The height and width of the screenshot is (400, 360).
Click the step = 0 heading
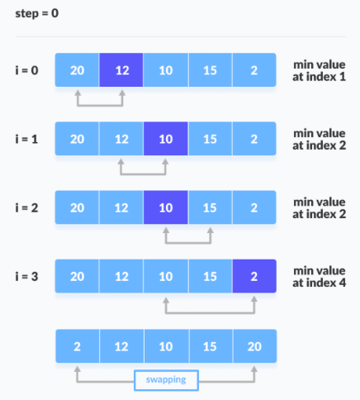(37, 13)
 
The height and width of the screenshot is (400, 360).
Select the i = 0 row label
(26, 70)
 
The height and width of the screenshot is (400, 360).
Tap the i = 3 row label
(26, 276)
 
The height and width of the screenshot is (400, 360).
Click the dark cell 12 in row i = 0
(121, 70)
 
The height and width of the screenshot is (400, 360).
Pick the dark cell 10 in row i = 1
(166, 139)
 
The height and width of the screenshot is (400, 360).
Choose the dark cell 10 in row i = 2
(166, 207)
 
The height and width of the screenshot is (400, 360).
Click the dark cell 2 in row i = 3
(254, 276)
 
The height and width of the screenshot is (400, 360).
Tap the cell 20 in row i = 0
(77, 70)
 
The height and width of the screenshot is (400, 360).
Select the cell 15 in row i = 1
(211, 139)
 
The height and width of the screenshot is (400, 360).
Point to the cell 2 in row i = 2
(254, 207)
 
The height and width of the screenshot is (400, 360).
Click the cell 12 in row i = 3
(121, 276)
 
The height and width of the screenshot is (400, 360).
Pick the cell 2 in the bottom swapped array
(78, 346)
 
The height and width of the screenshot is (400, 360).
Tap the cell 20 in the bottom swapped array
(255, 346)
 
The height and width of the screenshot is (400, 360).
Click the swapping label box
(166, 380)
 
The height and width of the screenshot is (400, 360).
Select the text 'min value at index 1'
(320, 70)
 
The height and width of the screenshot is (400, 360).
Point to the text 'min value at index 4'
(320, 277)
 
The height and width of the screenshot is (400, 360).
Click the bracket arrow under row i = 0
(100, 105)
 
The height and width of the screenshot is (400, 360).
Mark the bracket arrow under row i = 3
(211, 312)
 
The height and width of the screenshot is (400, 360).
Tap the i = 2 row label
(26, 207)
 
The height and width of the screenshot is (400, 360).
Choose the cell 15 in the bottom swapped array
(211, 346)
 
